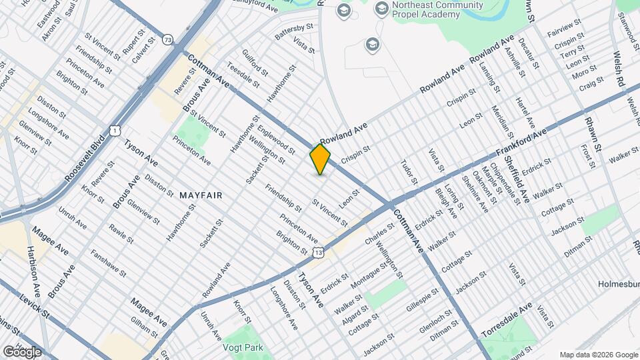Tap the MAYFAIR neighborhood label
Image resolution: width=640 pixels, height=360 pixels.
click(201, 195)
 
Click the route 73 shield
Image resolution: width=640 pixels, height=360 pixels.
click(167, 40)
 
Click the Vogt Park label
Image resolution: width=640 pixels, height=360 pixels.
click(244, 347)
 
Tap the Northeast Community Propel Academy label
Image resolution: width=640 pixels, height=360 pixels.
click(437, 11)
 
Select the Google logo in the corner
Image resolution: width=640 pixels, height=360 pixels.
click(22, 351)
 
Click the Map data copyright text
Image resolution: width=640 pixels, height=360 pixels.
click(598, 355)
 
